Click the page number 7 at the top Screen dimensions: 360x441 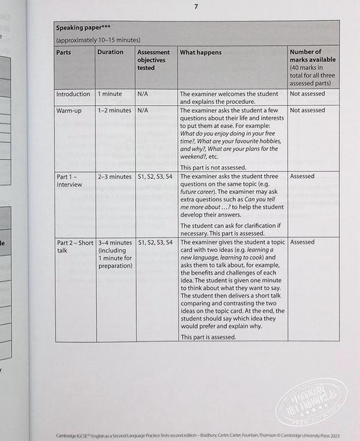[x=196, y=7]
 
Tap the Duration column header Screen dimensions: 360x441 [x=110, y=52]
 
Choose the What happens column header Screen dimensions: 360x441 [x=201, y=52]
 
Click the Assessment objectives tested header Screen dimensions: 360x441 [x=153, y=60]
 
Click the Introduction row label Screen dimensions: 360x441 [x=73, y=94]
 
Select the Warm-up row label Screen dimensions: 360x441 [x=70, y=110]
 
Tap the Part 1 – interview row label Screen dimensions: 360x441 [x=69, y=181]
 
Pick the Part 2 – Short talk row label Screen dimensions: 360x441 [x=74, y=246]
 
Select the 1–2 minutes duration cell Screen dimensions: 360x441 [x=114, y=110]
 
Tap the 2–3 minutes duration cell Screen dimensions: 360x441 [x=114, y=177]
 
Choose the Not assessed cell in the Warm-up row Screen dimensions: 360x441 [x=307, y=110]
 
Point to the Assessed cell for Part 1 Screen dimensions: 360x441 [x=302, y=177]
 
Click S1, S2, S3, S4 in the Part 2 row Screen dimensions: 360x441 [x=155, y=242]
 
